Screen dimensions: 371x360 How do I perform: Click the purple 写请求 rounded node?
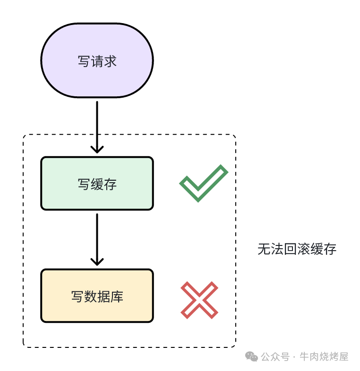[97, 60]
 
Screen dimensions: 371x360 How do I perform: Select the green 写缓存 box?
[97, 183]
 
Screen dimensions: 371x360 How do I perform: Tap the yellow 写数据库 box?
[97, 296]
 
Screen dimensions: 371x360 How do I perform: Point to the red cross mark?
[199, 299]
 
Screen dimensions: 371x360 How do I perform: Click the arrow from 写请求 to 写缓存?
[97, 125]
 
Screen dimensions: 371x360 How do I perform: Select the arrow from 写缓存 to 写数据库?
[97, 238]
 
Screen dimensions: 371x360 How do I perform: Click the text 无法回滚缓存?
[297, 249]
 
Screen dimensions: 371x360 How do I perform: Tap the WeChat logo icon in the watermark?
[251, 357]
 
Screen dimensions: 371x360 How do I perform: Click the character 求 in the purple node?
[110, 61]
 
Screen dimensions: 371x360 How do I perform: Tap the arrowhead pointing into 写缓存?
[97, 149]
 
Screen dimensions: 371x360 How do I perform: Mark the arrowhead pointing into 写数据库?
[97, 261]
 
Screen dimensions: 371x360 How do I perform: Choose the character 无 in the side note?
[264, 249]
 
